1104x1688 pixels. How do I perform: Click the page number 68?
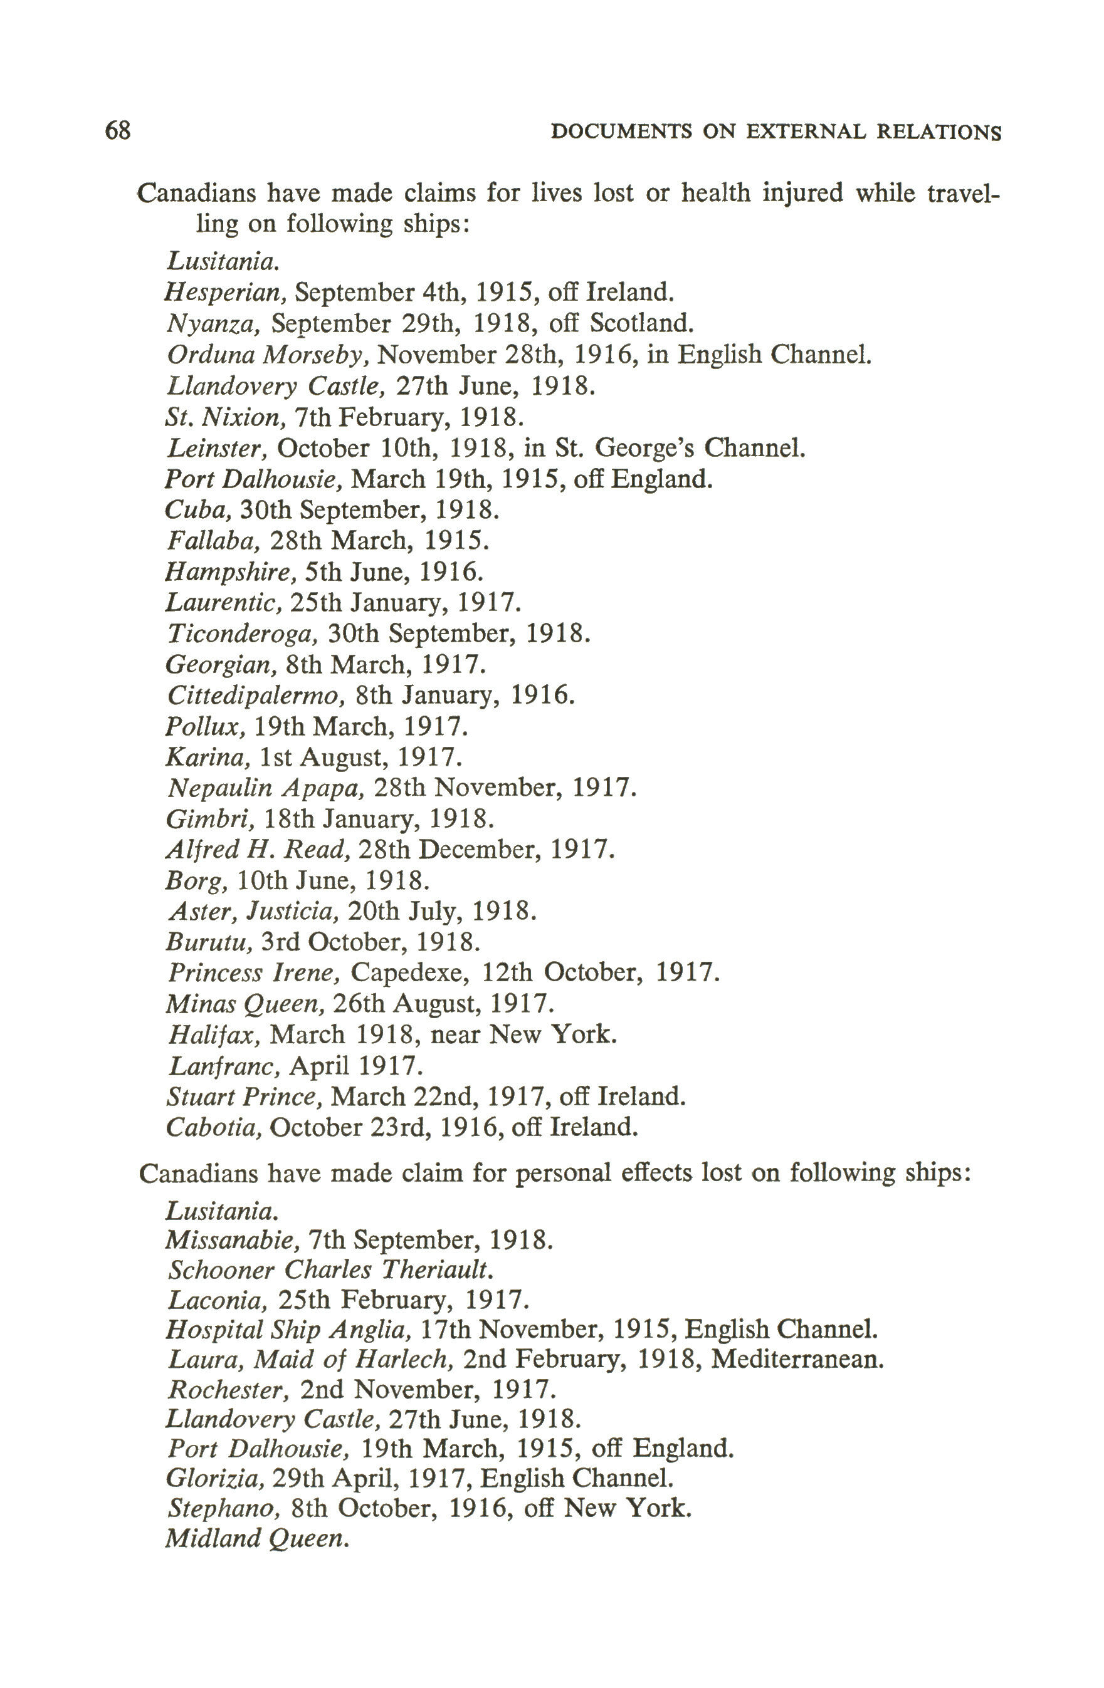[118, 131]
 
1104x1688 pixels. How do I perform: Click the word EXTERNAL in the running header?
[806, 133]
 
